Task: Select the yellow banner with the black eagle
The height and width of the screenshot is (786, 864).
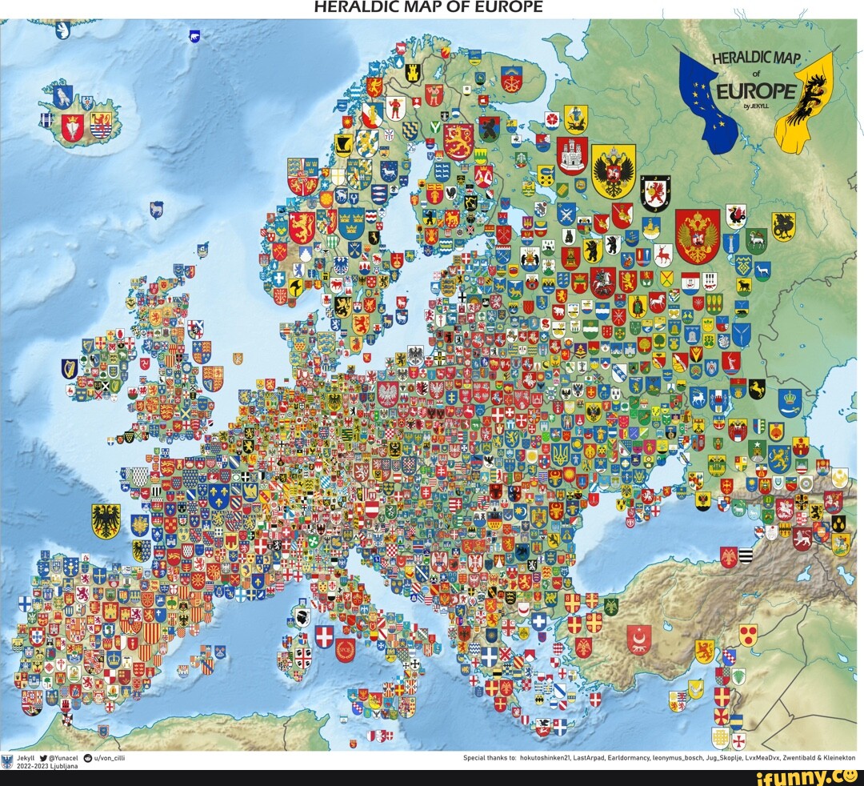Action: (x=804, y=100)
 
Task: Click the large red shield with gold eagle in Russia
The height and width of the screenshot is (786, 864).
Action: (x=697, y=235)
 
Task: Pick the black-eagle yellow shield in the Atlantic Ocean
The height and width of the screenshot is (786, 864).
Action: (x=106, y=521)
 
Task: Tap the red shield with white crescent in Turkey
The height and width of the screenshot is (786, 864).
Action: (x=638, y=638)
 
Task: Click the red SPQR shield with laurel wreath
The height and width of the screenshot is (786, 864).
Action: (x=345, y=649)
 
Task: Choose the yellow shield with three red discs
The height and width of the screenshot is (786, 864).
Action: (x=747, y=635)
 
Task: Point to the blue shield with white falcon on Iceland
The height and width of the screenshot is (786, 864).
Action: (x=63, y=96)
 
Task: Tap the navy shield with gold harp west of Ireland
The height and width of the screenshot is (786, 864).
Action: (x=70, y=368)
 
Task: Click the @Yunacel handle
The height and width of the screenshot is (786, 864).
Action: (x=62, y=756)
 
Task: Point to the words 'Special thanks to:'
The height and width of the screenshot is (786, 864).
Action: (x=490, y=756)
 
